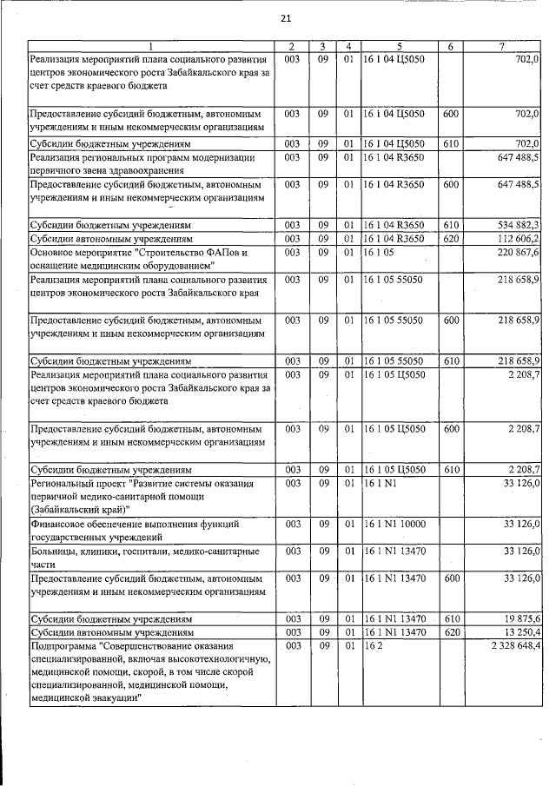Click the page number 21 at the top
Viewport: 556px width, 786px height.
[x=285, y=20]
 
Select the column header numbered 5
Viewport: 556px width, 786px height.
[x=400, y=46]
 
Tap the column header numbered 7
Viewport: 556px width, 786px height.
[x=502, y=46]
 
